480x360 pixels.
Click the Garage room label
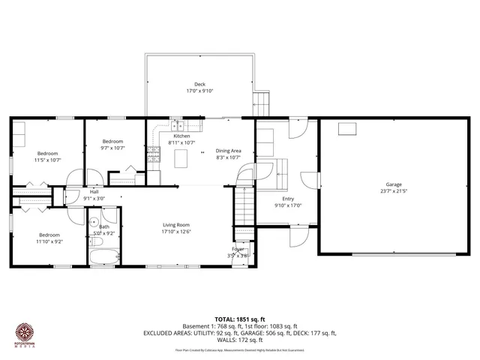394,184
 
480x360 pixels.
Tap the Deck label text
199,84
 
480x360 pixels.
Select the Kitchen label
181,136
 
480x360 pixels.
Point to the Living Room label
177,224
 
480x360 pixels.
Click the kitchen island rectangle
181,157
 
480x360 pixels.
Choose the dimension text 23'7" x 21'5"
394,190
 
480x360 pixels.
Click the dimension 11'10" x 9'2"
49,241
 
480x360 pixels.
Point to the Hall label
94,192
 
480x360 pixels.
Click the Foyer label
238,249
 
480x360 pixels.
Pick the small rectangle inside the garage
346,130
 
